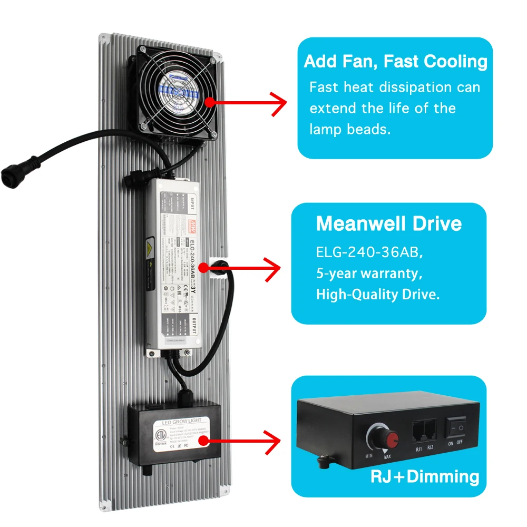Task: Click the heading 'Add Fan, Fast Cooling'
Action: tap(395, 61)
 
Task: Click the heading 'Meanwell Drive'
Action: tap(388, 223)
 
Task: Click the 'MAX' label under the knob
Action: tap(387, 458)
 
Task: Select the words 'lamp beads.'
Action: tap(350, 130)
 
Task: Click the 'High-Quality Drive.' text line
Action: tap(377, 295)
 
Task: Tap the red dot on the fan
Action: tap(210, 102)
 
